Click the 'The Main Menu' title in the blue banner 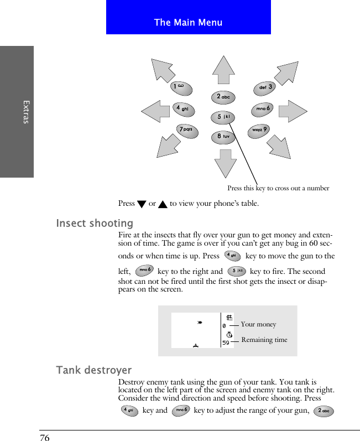188,23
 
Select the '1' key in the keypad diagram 181,87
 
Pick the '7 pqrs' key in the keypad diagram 188,130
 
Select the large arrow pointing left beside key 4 154,111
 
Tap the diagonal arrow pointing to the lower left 170,147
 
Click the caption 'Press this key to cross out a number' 278,188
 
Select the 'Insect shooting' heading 95,224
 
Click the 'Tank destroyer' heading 94,370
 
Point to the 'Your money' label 258,325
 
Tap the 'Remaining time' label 264,340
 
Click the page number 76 45,438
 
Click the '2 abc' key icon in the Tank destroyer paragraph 323,411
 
